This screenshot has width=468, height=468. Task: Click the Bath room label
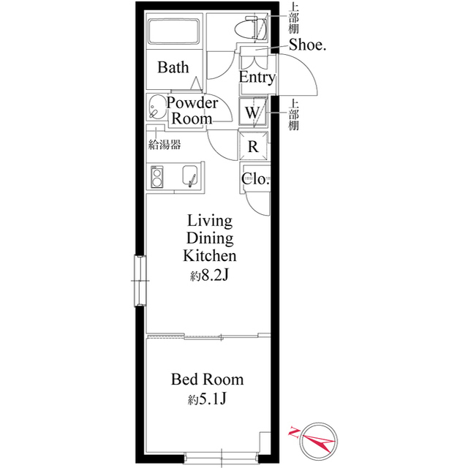click(173, 68)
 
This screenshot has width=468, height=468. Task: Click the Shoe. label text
click(307, 45)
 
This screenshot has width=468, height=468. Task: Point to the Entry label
click(257, 78)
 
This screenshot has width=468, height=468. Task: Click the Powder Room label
click(192, 110)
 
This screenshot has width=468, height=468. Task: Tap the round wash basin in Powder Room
click(156, 106)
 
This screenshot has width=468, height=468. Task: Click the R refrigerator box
click(254, 146)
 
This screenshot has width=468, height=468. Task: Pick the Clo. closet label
click(256, 178)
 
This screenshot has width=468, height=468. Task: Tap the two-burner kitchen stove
click(157, 176)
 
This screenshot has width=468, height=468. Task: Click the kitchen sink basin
click(189, 176)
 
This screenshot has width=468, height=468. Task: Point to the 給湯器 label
click(165, 145)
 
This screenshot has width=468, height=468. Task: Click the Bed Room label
click(207, 380)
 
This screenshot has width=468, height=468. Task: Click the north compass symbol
click(319, 439)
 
